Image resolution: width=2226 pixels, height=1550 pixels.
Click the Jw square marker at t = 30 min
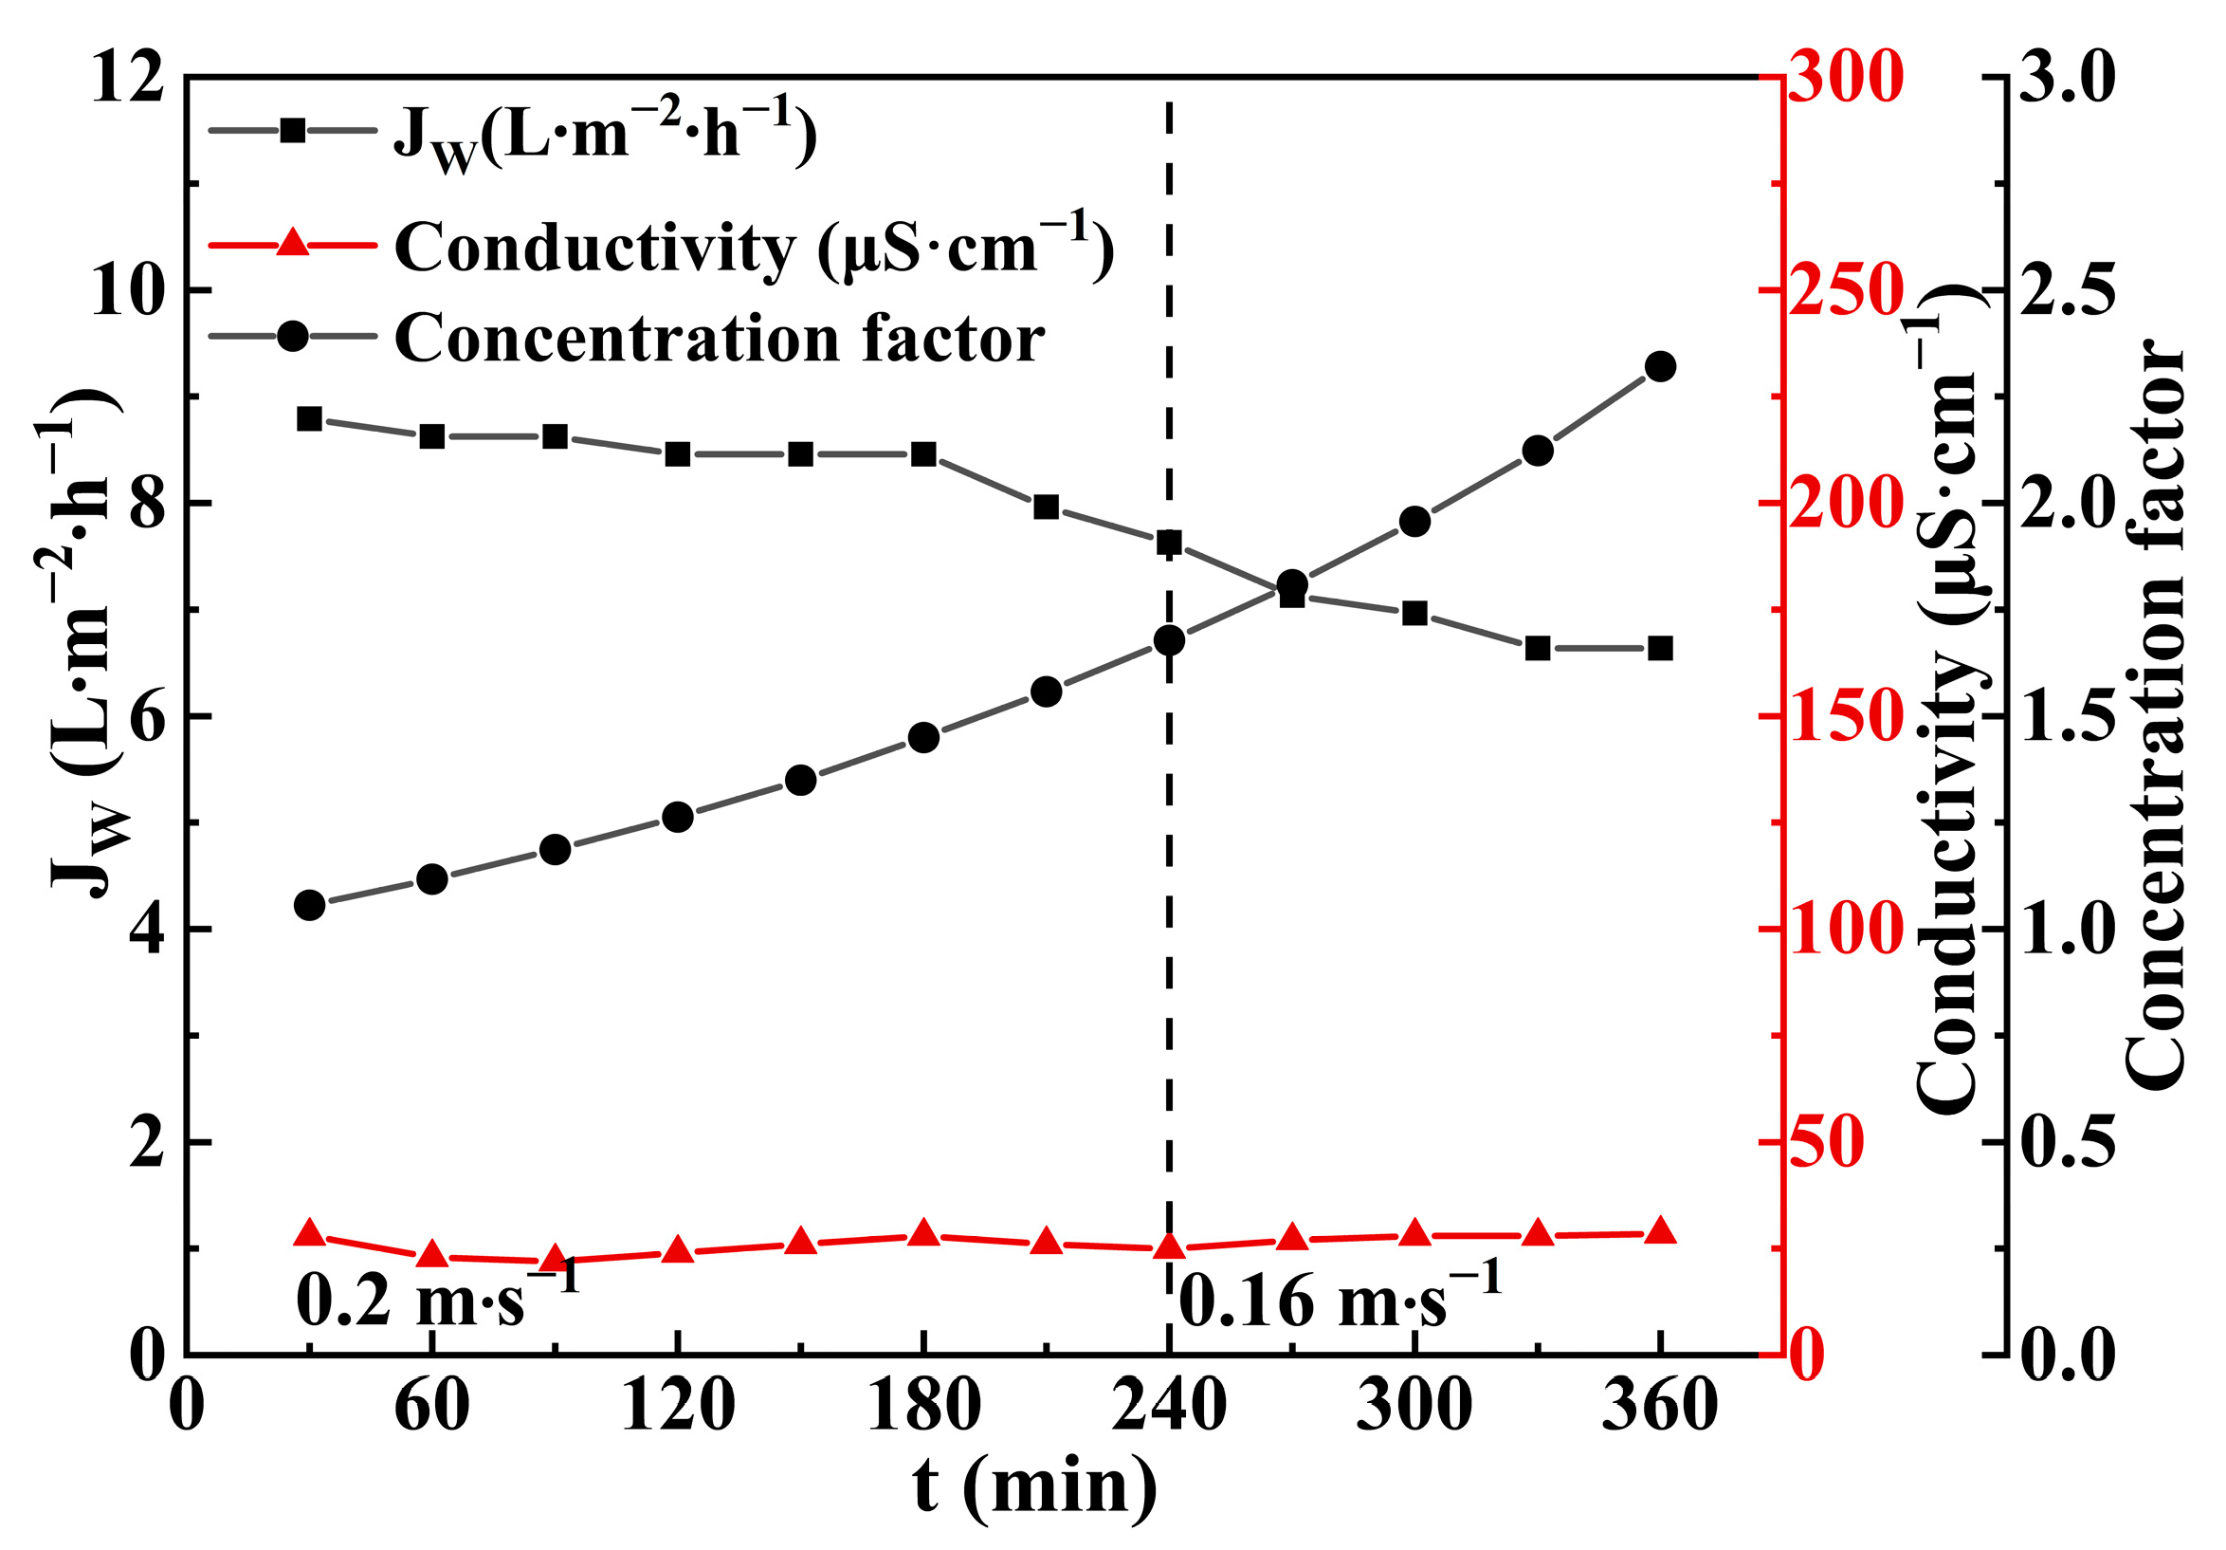tap(309, 419)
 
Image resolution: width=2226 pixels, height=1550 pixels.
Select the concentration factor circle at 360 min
tap(1660, 367)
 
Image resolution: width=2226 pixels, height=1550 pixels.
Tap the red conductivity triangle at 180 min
tap(923, 1234)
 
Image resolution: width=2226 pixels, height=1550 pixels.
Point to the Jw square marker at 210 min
tap(1046, 507)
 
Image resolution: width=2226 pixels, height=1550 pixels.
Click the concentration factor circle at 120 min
tap(678, 817)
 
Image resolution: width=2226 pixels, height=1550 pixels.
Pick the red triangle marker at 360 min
tap(1660, 1231)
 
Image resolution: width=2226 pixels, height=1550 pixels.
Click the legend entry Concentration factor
tap(719, 339)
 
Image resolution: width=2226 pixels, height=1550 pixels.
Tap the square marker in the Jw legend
tap(292, 131)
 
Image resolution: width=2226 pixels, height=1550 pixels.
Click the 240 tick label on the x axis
tap(1168, 1406)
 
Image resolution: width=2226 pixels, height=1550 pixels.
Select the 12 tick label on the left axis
tap(127, 78)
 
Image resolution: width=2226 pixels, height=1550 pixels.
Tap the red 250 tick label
tap(1845, 290)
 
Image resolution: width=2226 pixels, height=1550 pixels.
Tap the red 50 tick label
tap(1826, 1143)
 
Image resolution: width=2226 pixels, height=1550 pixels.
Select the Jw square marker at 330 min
tap(1538, 648)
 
